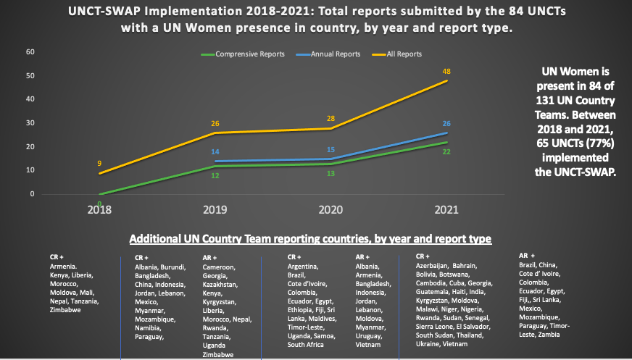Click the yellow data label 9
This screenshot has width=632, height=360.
click(99, 163)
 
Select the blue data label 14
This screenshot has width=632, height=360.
click(215, 152)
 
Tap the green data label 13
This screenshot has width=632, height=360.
click(330, 174)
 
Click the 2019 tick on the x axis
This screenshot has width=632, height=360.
click(215, 209)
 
